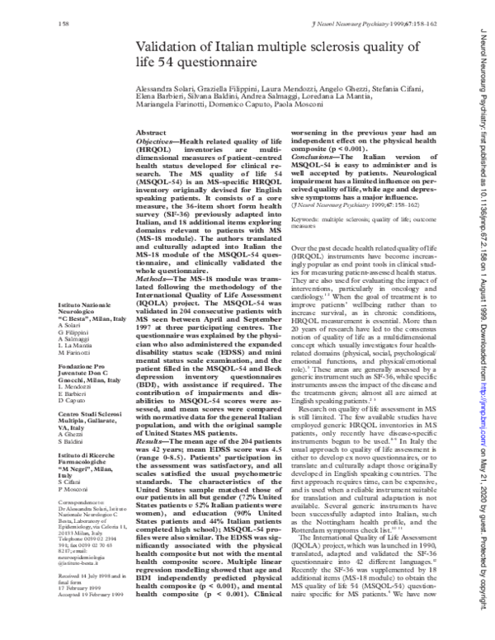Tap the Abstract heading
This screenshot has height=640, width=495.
(x=150, y=132)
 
